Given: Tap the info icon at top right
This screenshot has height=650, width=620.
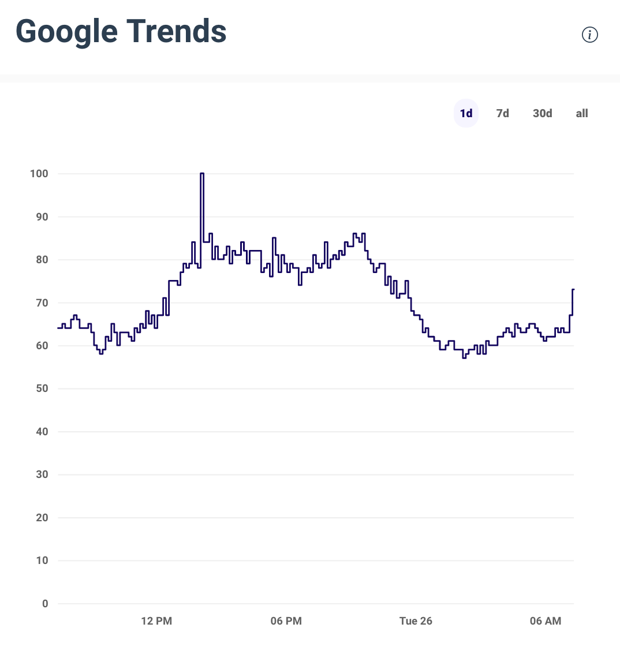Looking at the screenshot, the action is [x=589, y=35].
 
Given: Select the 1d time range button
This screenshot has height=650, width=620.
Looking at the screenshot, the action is [x=466, y=113].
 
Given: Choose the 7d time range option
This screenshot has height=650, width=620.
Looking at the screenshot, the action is [x=503, y=113].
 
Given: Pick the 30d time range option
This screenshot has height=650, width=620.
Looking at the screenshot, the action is [x=542, y=113].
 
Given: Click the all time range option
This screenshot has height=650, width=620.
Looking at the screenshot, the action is [x=582, y=113].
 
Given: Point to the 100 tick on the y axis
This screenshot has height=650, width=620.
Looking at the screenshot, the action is [x=39, y=174].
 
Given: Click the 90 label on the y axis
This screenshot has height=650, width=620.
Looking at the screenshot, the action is [x=42, y=217].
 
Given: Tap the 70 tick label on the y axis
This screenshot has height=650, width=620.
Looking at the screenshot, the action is [x=42, y=302].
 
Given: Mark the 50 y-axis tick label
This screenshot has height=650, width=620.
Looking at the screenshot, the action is [x=42, y=388].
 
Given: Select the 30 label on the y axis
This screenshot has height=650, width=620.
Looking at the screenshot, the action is [x=42, y=475].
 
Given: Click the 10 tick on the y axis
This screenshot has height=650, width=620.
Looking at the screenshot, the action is [x=42, y=561].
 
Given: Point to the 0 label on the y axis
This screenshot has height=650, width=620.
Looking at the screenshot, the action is [x=45, y=604].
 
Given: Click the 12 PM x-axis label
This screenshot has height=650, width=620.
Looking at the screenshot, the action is [x=156, y=621].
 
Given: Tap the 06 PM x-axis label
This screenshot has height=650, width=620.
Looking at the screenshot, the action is [x=286, y=621].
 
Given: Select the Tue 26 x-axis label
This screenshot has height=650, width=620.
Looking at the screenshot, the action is [x=416, y=621].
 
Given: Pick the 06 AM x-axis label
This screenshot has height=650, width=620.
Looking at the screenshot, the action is [x=546, y=621].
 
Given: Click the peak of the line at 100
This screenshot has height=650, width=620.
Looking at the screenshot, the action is [x=202, y=174].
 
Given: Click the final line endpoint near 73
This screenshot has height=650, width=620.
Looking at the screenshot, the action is [x=573, y=289].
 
